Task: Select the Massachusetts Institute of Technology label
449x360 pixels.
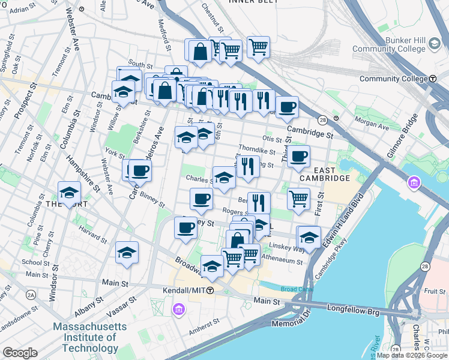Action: tap(90, 337)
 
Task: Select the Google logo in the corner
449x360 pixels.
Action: tap(19, 353)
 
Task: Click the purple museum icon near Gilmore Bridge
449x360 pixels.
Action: tap(414, 182)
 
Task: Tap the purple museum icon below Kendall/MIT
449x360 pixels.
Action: tap(178, 309)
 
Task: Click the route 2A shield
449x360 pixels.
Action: tap(30, 295)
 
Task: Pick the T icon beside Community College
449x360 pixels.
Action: tap(433, 79)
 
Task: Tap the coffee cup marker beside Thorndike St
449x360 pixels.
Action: tap(298, 157)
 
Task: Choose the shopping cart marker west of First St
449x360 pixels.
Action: tap(298, 198)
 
